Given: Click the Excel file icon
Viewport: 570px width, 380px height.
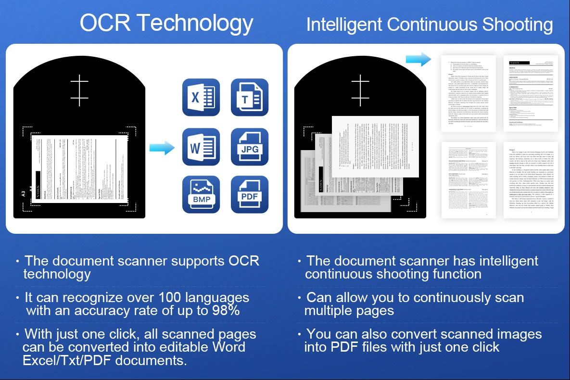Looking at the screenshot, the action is pos(201,98).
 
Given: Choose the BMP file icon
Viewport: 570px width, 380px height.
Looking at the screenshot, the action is pos(201,195).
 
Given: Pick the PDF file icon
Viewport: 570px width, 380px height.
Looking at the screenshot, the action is pos(249,195).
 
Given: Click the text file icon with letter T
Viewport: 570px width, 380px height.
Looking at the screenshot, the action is pos(249,98).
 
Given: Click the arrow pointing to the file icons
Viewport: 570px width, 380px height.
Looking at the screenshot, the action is pos(162,148).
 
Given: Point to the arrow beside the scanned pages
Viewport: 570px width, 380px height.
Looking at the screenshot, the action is pos(418,60).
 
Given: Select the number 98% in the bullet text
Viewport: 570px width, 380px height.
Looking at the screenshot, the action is pos(224,311).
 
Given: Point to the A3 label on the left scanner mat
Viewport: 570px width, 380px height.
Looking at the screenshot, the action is pos(23,194).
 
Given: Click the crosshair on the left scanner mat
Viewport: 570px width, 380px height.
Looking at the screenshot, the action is pos(79,90).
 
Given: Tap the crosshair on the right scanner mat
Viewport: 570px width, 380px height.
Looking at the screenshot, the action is pos(360,90).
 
